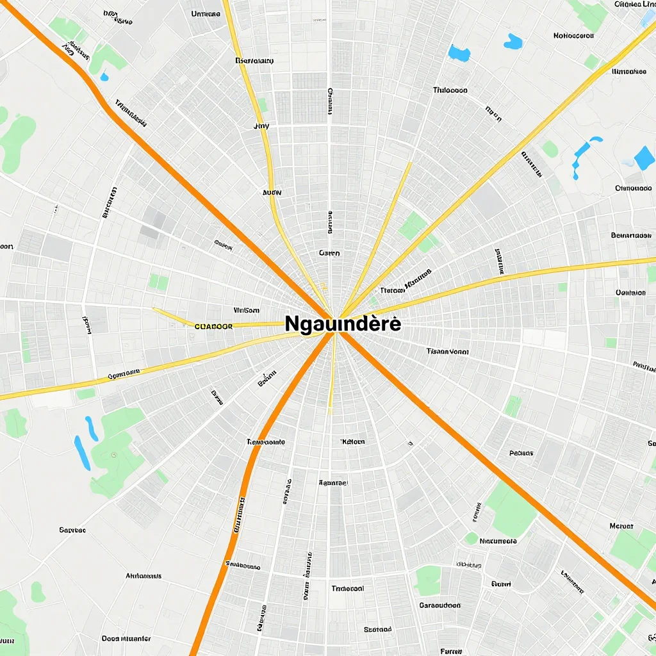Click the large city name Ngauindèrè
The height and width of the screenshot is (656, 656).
pos(343,324)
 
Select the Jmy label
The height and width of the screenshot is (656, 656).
pos(261,126)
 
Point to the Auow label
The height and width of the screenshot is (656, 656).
pos(272,192)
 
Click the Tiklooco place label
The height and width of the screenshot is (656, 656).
pos(450,90)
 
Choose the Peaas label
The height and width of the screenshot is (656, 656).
pos(521,453)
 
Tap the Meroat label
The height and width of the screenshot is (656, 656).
pos(621,526)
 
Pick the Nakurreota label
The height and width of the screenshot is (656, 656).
pos(498,541)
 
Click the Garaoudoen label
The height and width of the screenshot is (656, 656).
pos(439,605)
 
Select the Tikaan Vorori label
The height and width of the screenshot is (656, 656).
pos(447,352)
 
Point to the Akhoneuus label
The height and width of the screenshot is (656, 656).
pos(143,576)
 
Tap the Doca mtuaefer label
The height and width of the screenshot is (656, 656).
pos(126,639)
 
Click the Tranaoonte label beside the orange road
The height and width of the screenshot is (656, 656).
pos(266,442)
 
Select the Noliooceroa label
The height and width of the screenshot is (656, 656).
pos(573,36)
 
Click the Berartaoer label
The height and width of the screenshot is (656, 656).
pos(630,235)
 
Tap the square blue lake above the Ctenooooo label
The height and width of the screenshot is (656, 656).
pos(644,158)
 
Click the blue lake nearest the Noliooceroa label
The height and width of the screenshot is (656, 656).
pos(512,42)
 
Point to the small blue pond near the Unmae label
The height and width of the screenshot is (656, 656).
pos(104,78)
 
